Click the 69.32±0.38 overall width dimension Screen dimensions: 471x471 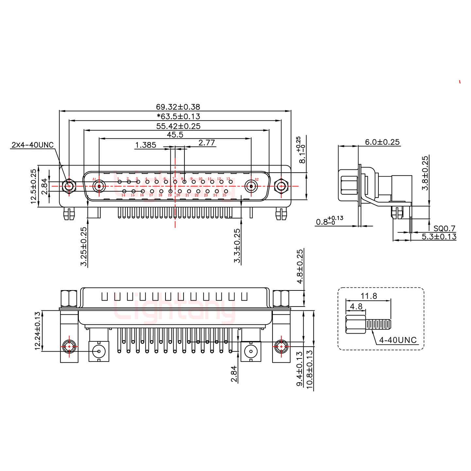coord(178,107)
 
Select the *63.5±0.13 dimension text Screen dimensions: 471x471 coord(178,116)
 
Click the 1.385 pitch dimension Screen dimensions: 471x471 coord(146,145)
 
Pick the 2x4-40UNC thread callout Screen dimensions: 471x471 coord(32,145)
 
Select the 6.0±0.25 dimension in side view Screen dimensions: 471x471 coord(382,142)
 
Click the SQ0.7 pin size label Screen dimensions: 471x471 coord(444,229)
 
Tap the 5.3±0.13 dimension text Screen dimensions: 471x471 coord(439,237)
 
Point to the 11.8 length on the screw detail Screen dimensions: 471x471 coord(369,296)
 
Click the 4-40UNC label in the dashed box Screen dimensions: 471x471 coord(398,340)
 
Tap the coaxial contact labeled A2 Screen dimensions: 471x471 coord(251,187)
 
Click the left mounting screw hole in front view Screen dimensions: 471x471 coord(69,186)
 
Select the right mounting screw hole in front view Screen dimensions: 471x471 coord(281,186)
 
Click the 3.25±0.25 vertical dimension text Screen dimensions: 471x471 coord(84,247)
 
